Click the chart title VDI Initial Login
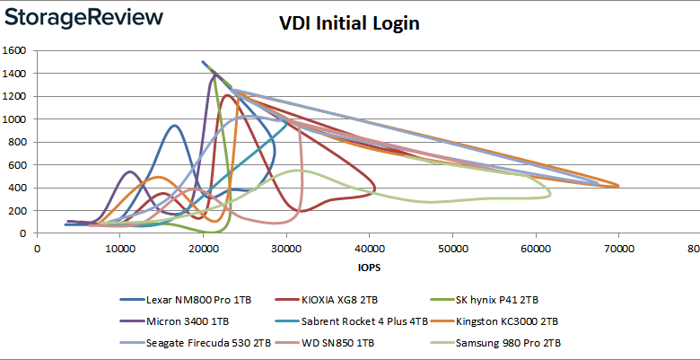pyautogui.click(x=349, y=23)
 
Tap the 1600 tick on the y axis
pyautogui.click(x=15, y=50)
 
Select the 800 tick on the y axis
pyautogui.click(x=19, y=142)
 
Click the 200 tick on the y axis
pyautogui.click(x=19, y=211)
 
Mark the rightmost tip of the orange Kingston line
pyautogui.click(x=618, y=186)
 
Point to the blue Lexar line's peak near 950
pyautogui.click(x=174, y=126)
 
